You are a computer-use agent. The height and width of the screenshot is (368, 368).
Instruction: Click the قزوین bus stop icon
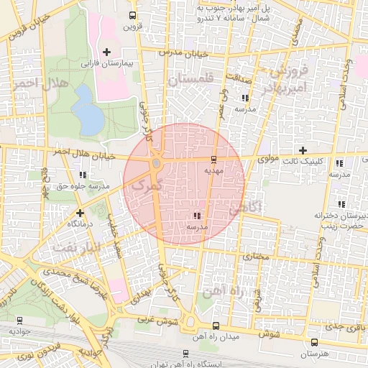coord(132,15)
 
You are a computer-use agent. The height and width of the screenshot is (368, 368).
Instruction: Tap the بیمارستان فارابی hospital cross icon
coord(107,52)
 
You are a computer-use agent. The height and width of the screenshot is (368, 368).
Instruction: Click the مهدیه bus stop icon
coord(214,160)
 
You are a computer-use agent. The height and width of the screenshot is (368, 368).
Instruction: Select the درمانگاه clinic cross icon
coord(80,213)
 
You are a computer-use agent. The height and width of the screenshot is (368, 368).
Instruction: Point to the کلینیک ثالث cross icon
coord(303,149)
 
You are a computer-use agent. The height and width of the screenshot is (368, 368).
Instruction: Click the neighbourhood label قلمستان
coord(192,81)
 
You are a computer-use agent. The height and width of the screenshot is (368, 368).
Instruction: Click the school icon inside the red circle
coord(196,216)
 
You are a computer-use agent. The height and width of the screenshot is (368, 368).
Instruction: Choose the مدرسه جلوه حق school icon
coord(84,174)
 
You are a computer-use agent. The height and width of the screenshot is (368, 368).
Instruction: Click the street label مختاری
coord(257,257)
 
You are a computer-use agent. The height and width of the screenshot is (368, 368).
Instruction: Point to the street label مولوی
coord(268,153)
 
